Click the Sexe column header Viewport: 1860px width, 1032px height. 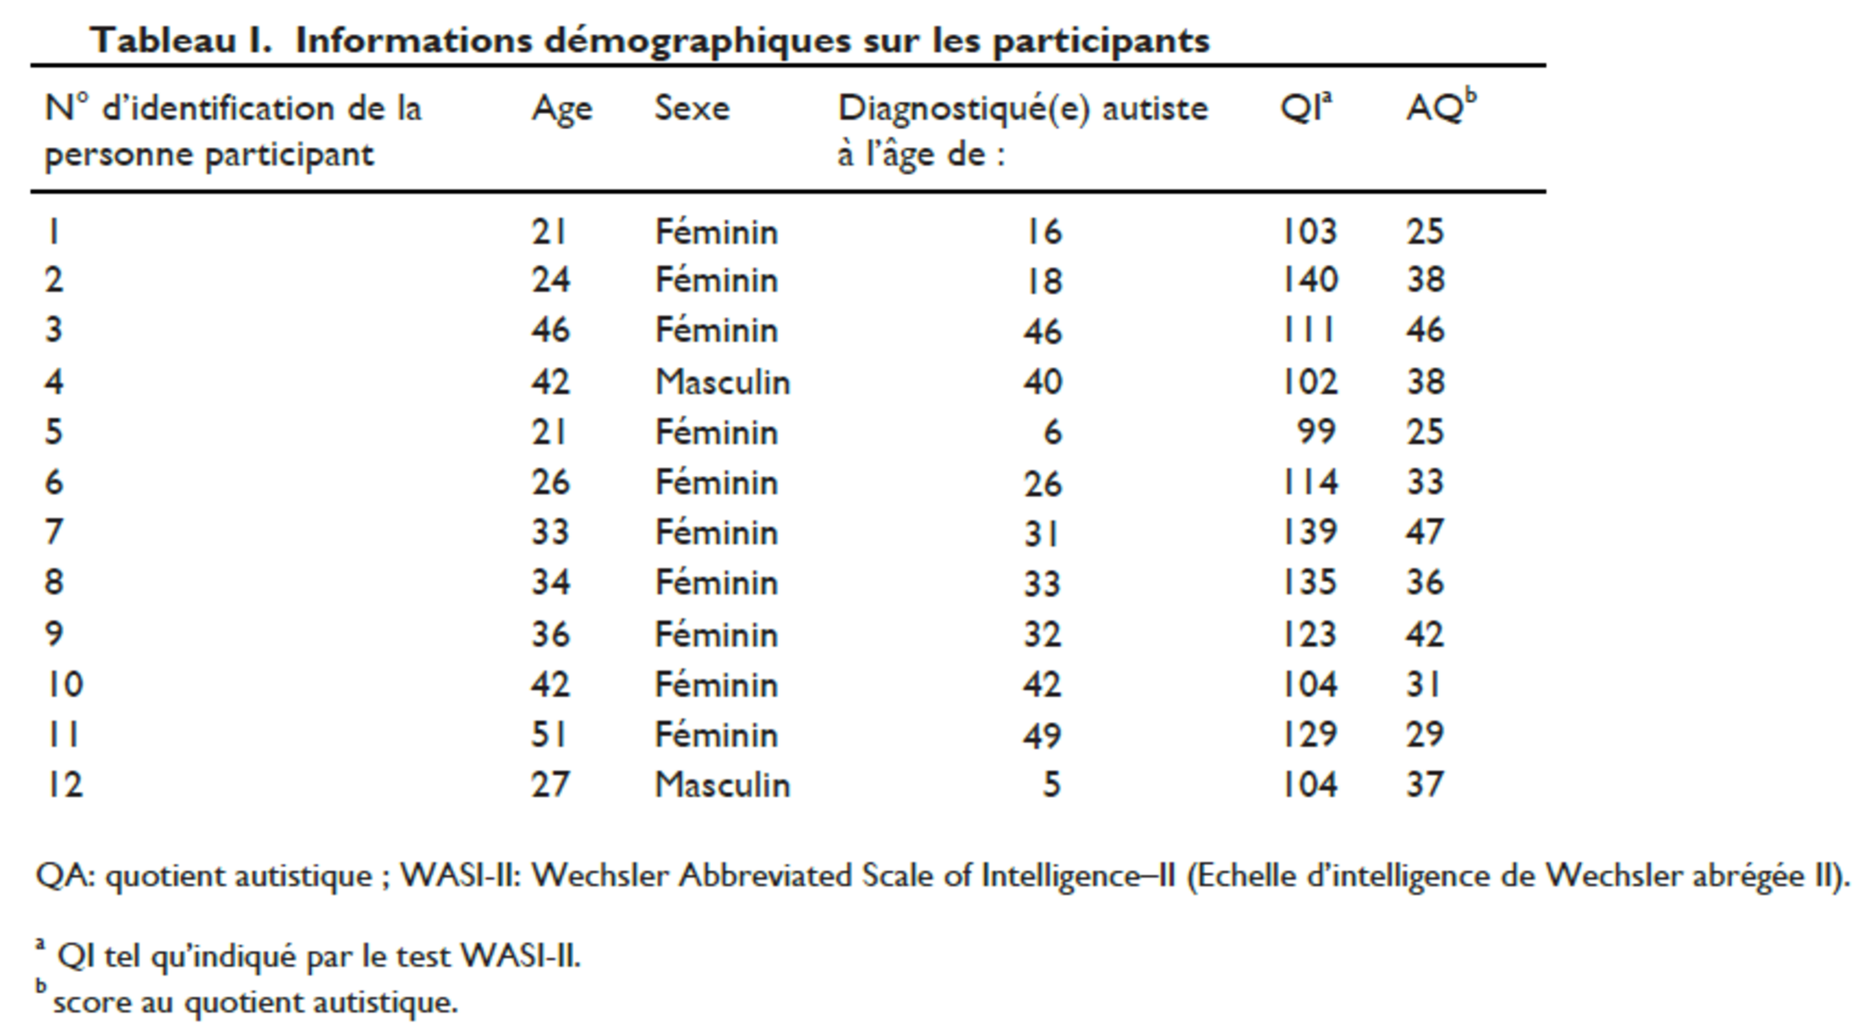(x=692, y=108)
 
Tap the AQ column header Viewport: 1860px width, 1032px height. (x=1441, y=106)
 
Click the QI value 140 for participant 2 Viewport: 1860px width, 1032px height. (x=1310, y=280)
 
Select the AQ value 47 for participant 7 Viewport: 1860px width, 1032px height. (x=1425, y=532)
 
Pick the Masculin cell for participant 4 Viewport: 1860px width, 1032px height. (x=722, y=381)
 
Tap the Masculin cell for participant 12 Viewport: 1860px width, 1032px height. (x=722, y=784)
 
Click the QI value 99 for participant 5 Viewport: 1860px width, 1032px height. (x=1316, y=431)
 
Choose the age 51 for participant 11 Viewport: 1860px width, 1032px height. (x=549, y=734)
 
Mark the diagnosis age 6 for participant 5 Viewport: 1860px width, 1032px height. (x=1052, y=432)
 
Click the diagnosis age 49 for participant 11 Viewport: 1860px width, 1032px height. (x=1042, y=735)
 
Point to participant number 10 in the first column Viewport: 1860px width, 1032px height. (x=64, y=684)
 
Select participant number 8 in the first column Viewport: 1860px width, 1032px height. (x=54, y=582)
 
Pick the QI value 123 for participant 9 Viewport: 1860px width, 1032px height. (x=1309, y=634)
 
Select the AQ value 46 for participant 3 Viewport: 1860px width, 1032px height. (x=1425, y=330)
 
